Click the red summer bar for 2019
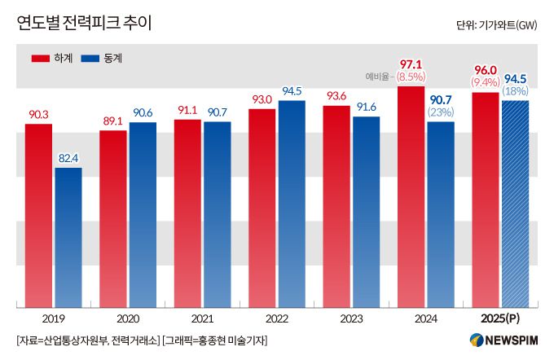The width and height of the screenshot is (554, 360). click(x=38, y=216)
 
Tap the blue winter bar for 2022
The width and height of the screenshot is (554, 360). click(x=292, y=204)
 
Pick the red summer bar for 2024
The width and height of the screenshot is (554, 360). click(x=411, y=195)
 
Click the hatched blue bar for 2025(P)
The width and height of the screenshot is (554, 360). click(x=515, y=204)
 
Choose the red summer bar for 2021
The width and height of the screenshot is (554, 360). click(x=187, y=213)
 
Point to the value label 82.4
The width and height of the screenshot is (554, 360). click(x=68, y=159)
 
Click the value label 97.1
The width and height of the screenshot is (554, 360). click(x=411, y=63)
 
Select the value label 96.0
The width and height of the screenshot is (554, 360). click(x=485, y=69)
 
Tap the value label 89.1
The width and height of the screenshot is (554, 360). click(x=112, y=121)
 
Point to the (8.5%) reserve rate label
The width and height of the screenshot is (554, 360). click(x=411, y=77)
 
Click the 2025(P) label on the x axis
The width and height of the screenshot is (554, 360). click(x=499, y=318)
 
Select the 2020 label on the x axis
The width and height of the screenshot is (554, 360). click(x=127, y=318)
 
